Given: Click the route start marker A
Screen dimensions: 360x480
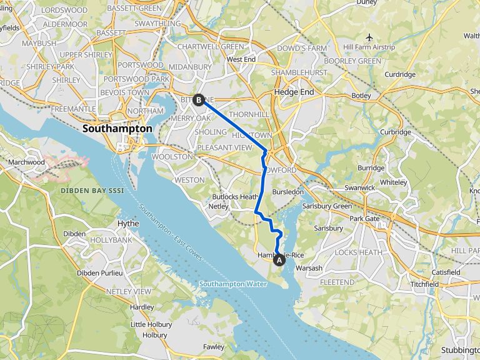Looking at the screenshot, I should pos(279,261).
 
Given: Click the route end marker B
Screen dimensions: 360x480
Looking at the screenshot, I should pos(199,99).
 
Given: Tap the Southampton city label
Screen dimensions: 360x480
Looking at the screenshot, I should pos(117,128).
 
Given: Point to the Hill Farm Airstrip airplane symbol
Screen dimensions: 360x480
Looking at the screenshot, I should pos(370,37).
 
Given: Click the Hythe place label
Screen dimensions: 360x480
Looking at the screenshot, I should pos(128,223).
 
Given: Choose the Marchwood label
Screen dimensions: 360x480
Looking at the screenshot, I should pos(27,162).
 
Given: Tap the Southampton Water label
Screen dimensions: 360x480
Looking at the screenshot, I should pos(233,284).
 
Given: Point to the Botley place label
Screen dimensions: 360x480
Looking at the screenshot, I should pos(361,96).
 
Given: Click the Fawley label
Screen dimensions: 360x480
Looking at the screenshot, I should pos(214,347).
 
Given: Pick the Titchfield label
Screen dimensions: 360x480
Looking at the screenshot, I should pos(425,284).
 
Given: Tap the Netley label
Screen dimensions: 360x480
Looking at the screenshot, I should pos(218,206).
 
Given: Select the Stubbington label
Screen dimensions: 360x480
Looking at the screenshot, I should pos(460,349).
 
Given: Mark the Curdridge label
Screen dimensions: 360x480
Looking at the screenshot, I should pos(400,74).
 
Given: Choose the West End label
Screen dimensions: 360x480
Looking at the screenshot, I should pos(241,59).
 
